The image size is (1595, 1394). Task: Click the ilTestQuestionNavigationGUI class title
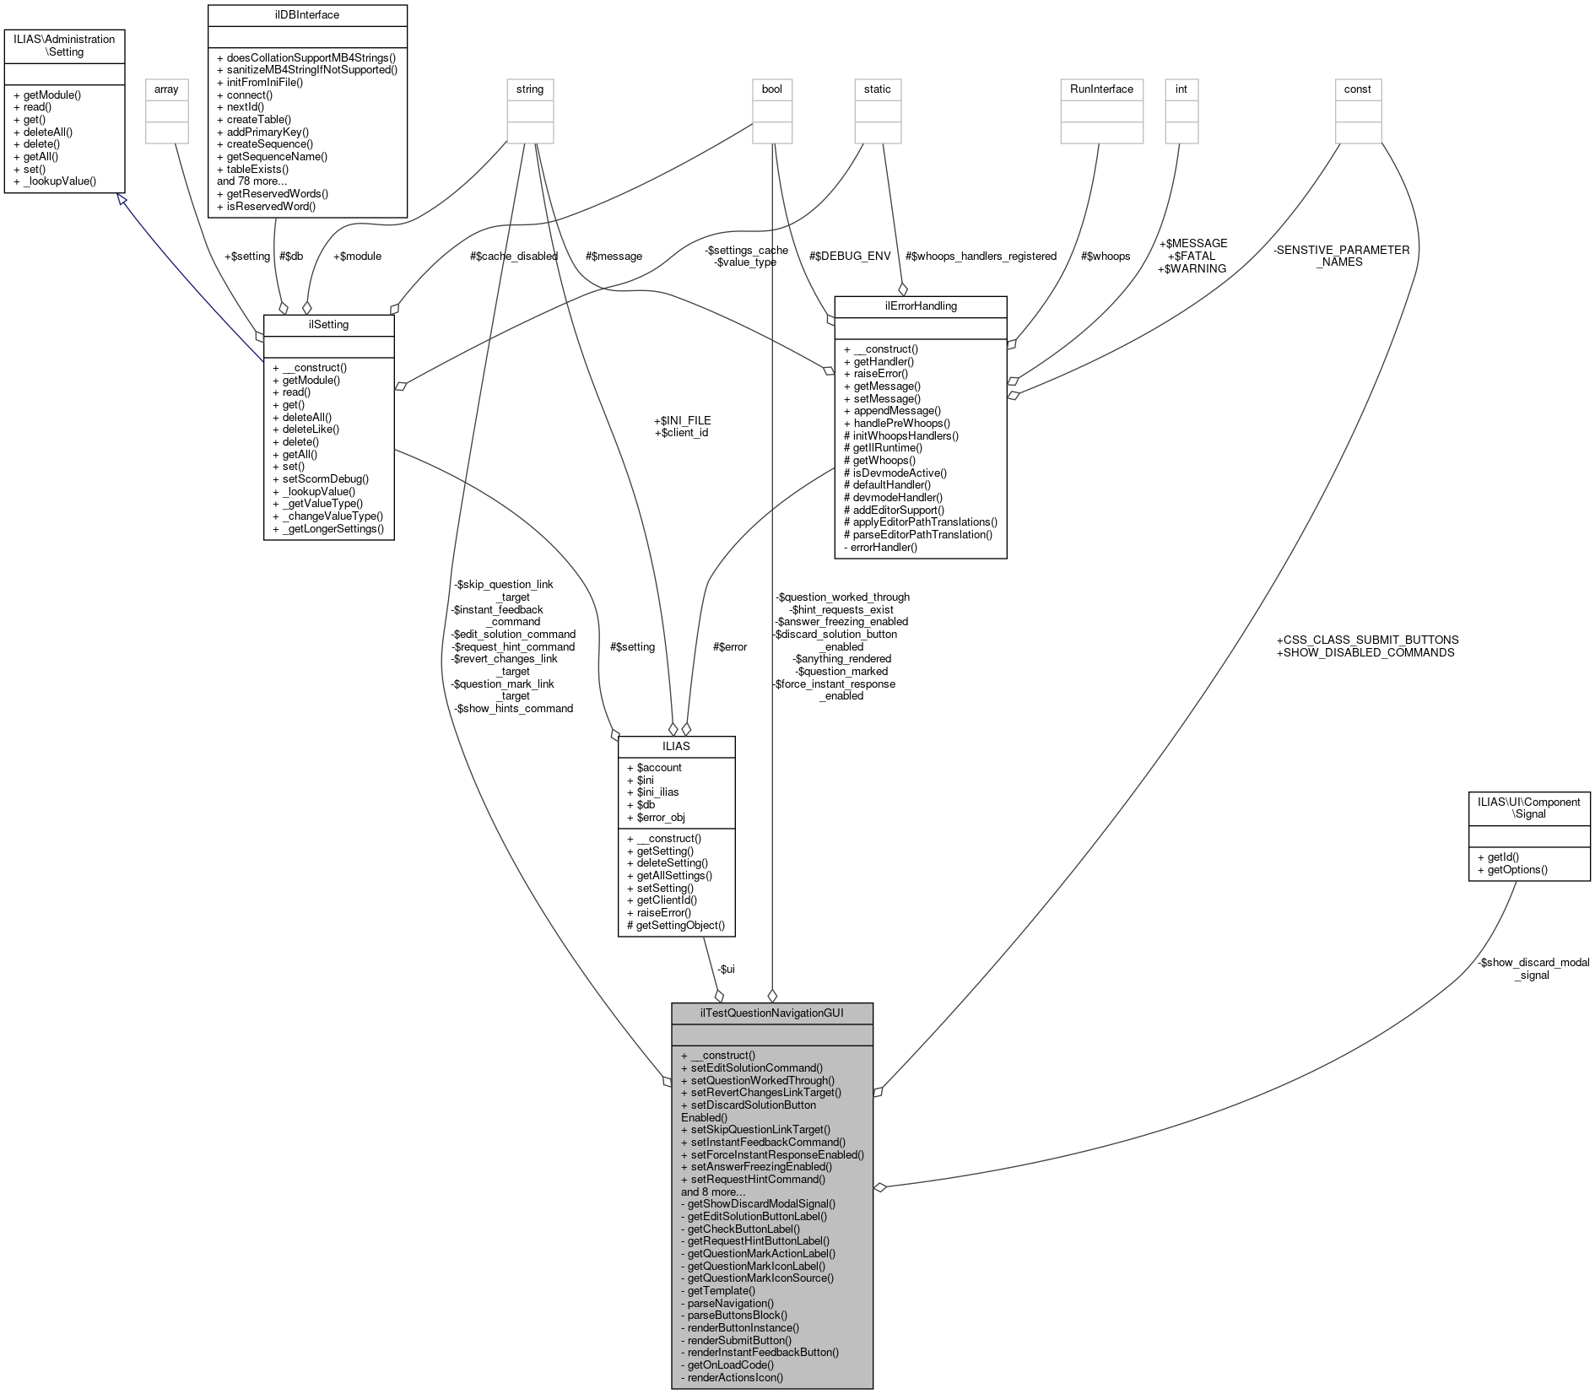[x=771, y=1013]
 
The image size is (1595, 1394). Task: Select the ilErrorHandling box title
[x=920, y=306]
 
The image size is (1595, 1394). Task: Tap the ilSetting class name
[x=328, y=325]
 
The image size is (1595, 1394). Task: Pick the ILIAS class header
[x=676, y=746]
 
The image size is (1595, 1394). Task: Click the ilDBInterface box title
[x=306, y=14]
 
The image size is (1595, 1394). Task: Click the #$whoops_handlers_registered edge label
[x=981, y=256]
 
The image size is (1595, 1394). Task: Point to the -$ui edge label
[x=726, y=969]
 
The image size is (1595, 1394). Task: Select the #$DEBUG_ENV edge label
[x=850, y=256]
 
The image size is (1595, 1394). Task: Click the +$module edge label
[x=357, y=256]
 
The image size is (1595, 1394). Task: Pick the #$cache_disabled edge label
[x=513, y=256]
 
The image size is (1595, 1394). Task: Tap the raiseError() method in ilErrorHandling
[x=880, y=374]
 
